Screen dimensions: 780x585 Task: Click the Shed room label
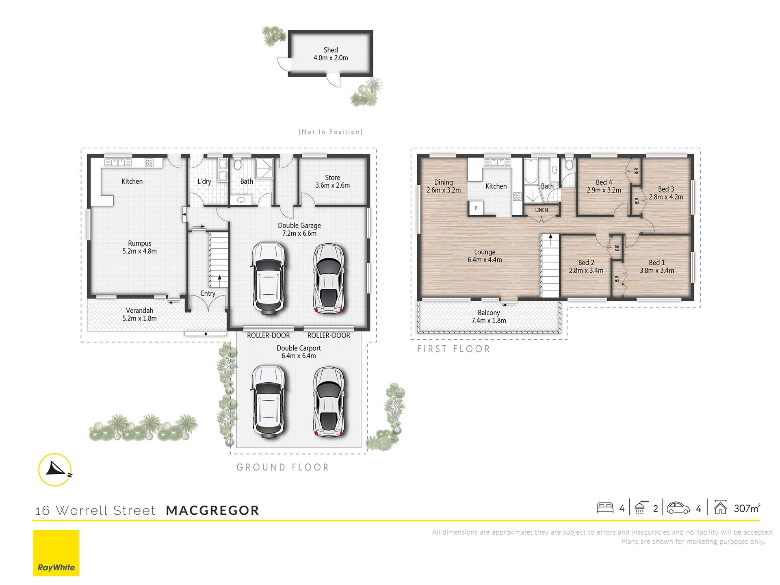coord(331,54)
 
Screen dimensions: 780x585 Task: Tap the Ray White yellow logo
coord(56,553)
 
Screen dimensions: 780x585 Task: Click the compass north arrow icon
coord(55,470)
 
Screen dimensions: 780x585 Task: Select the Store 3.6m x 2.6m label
coord(332,181)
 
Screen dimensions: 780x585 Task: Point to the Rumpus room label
coord(139,247)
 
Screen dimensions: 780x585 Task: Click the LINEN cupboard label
coord(542,210)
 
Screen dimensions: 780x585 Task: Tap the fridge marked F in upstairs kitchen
coord(476,208)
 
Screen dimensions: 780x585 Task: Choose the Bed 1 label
coord(657,266)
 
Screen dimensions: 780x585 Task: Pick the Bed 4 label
coord(604,186)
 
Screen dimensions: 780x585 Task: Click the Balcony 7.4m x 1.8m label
coord(489,316)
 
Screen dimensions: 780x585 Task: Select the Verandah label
coord(139,314)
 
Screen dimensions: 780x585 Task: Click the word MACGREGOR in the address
coord(212,510)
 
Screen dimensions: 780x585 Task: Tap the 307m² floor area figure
coord(747,508)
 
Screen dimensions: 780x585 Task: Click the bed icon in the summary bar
coord(605,508)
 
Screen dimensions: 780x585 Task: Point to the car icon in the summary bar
coord(678,508)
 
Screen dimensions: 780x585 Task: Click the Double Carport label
coord(299,352)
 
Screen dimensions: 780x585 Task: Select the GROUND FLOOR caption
coord(283,467)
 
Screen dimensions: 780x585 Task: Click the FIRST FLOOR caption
coord(454,349)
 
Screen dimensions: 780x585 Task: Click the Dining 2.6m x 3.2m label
coord(443,186)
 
